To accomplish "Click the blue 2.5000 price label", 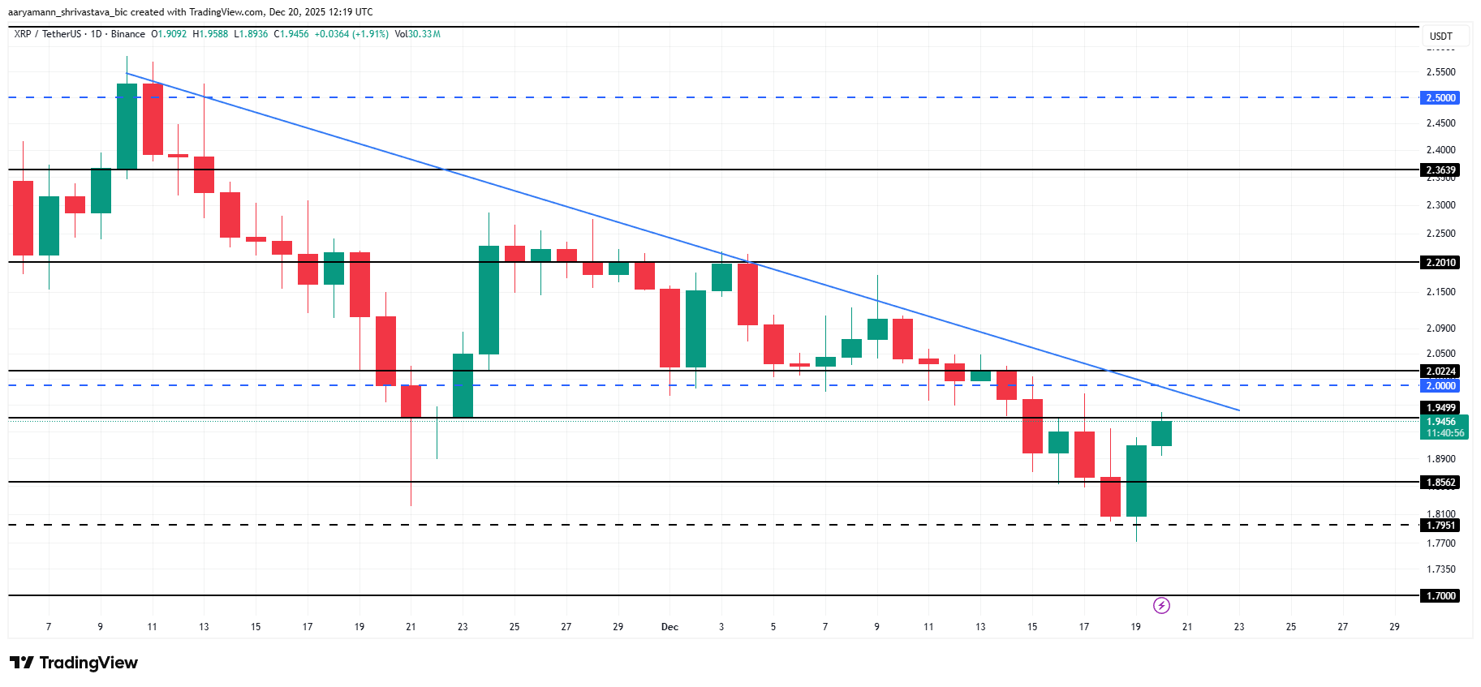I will (1441, 98).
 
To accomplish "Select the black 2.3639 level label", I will (1441, 170).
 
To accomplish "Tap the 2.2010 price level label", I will (1441, 263).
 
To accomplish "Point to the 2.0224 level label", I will (1441, 371).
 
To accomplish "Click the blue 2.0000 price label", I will (1441, 386).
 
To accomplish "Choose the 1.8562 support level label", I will (1441, 483).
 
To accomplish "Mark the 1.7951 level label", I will (1441, 526).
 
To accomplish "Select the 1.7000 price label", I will (1441, 596).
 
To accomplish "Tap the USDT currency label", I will (1440, 36).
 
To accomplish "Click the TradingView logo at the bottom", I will (75, 663).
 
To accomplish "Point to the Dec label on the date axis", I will (669, 627).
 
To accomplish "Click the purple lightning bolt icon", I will (1161, 606).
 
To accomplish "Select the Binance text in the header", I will (128, 34).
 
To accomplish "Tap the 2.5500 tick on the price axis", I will (1440, 72).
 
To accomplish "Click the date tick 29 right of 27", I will (1394, 627).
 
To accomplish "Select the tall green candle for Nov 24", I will (489, 300).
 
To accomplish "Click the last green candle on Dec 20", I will (1161, 433).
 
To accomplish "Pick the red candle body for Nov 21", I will (411, 401).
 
